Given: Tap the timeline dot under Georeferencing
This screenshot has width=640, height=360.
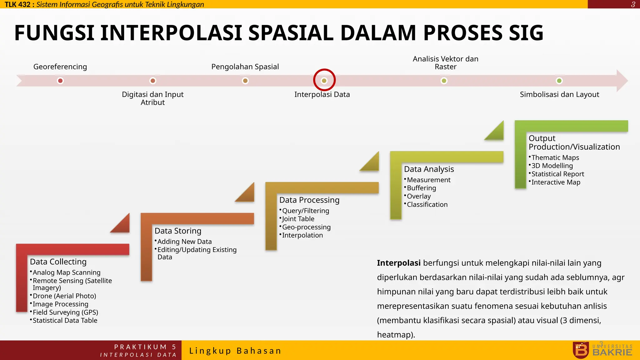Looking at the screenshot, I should pos(60,81).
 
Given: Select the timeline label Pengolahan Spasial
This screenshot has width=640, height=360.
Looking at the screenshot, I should pos(245,67).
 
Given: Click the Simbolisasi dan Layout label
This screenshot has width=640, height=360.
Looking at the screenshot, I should pos(559,94).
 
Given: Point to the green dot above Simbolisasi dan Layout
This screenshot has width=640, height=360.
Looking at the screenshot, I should pos(559,81).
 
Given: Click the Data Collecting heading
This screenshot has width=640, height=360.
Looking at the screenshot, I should pos(58,262).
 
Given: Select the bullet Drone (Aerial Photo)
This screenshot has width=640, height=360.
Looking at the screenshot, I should pos(64,296).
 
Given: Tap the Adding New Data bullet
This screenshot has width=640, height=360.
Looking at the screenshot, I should pos(184,242).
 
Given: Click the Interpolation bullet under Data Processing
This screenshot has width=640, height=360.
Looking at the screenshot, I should pos(302,235).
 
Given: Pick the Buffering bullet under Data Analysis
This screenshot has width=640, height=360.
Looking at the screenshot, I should pos(421,188).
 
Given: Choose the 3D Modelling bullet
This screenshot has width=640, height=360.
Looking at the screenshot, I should pos(552,166).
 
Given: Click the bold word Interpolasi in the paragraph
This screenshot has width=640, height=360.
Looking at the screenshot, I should pos(398,263).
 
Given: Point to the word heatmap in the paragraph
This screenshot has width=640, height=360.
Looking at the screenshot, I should pos(394,335).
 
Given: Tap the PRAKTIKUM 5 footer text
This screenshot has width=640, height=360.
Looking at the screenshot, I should pos(145,347).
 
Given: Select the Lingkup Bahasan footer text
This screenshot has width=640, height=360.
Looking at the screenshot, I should pos(235,351).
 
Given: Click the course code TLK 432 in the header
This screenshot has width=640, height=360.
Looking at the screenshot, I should pos(17,4).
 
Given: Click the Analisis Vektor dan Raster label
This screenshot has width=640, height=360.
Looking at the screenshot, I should pos(445,63).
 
